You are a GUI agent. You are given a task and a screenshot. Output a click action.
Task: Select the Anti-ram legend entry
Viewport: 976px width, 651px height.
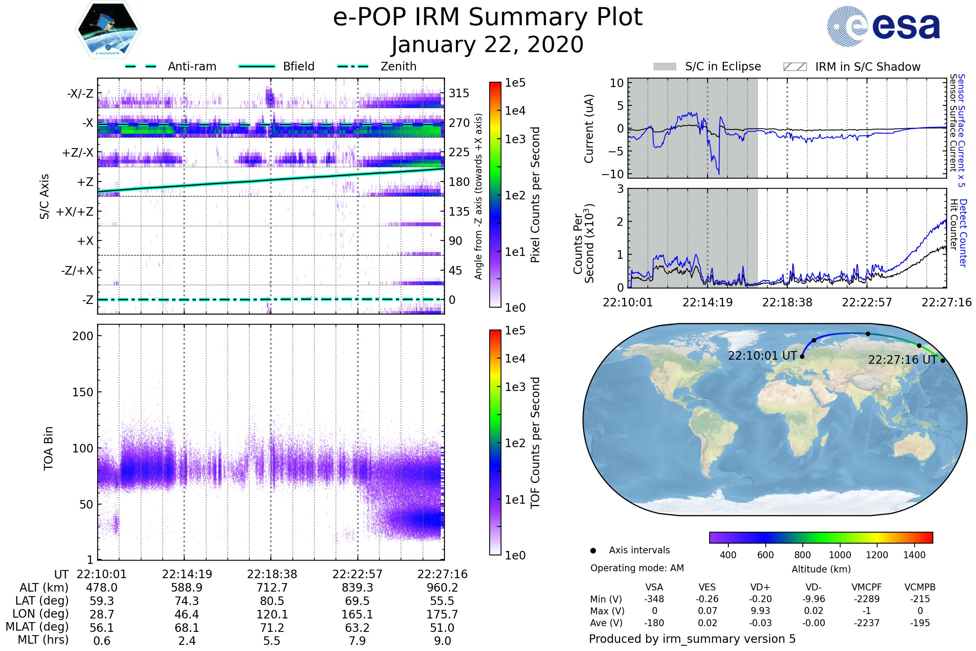pos(170,66)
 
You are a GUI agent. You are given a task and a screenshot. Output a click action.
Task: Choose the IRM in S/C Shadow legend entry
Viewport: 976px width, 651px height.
pos(852,67)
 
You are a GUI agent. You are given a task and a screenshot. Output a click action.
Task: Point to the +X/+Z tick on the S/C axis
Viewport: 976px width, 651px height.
pos(75,212)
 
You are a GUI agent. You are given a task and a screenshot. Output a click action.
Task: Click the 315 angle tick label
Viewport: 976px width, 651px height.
pos(459,93)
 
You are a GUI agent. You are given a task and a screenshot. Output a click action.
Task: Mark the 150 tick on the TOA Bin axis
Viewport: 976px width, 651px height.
pos(83,392)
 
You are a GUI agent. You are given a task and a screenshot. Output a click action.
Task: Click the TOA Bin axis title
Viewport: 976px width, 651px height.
pos(48,448)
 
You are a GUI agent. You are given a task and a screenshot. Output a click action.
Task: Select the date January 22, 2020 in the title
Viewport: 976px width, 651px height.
pos(488,45)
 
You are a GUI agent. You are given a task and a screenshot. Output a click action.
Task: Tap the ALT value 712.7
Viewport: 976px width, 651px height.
pos(272,588)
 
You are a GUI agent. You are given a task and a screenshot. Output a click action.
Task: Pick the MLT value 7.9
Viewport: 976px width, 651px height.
pos(357,640)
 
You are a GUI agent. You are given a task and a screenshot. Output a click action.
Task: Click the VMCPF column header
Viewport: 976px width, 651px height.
pos(867,587)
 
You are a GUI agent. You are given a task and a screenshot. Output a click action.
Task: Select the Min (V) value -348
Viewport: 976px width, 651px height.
pos(654,599)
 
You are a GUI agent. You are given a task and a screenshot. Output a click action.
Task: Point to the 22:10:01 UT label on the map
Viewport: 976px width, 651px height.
pos(762,356)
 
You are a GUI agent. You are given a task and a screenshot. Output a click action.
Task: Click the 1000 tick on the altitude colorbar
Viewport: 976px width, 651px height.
pos(839,555)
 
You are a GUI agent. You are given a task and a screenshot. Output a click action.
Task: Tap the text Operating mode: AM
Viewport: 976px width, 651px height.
pos(637,568)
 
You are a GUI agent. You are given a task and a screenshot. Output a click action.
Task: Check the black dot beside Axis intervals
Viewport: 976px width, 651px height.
pos(593,551)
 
